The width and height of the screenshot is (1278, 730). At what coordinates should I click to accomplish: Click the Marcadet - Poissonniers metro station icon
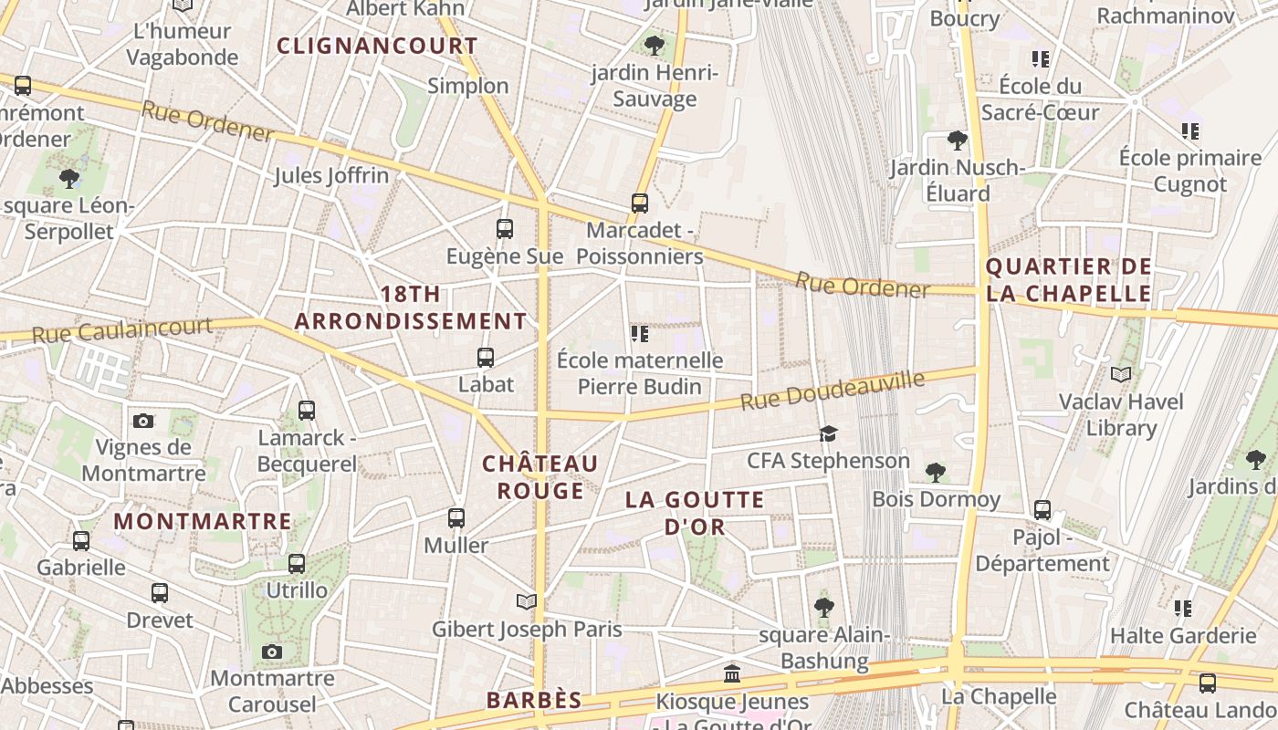(640, 203)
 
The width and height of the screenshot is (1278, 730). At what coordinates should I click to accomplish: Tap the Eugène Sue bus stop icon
(505, 229)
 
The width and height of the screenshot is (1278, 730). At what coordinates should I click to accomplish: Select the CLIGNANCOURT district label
(377, 46)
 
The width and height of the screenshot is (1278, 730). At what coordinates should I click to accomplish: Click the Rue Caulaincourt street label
(122, 329)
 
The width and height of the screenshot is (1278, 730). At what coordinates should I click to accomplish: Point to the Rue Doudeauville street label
(833, 391)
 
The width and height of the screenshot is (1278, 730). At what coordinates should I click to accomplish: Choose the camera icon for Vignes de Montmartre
(143, 421)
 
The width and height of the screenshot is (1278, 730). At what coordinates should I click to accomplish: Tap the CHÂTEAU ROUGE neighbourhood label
(540, 477)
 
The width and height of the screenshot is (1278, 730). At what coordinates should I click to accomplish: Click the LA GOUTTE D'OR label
(696, 513)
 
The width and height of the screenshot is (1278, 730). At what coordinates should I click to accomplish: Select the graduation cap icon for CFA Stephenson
(828, 433)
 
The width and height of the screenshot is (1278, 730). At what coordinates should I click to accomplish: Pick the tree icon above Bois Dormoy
(935, 472)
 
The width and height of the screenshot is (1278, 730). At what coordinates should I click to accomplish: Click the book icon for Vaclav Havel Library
(1121, 374)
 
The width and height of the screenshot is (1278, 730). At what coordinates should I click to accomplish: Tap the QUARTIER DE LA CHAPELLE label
(1068, 280)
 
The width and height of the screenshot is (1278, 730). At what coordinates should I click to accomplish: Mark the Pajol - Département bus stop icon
(1042, 510)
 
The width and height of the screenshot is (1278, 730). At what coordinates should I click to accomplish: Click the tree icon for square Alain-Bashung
(824, 607)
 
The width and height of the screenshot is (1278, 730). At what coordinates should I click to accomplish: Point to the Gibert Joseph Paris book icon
(527, 601)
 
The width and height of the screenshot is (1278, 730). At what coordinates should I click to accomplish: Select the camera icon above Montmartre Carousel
(271, 652)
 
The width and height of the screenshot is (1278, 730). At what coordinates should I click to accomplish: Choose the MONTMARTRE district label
(203, 522)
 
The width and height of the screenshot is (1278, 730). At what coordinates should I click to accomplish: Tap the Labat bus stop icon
(486, 358)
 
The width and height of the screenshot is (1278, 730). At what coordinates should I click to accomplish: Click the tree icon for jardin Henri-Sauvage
(654, 45)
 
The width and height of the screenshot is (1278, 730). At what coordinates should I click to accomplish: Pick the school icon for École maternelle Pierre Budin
(640, 334)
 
